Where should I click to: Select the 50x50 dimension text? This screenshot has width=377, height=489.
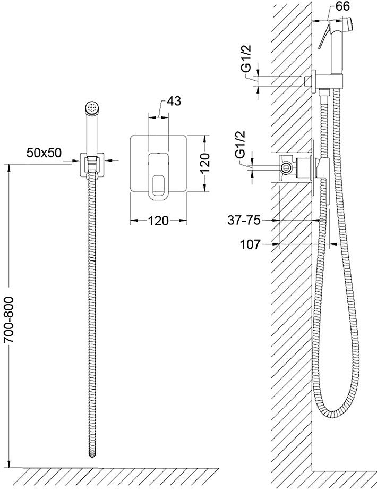click(44, 153)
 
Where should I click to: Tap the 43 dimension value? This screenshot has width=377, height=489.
click(174, 101)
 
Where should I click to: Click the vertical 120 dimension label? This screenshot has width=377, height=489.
click(205, 163)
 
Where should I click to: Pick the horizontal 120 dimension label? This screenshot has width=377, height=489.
click(158, 221)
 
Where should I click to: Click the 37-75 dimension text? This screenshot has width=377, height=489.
click(244, 221)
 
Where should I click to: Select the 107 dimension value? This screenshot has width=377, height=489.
click(250, 244)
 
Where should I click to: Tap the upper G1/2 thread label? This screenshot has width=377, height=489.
click(246, 58)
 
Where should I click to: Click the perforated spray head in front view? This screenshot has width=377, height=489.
click(92, 107)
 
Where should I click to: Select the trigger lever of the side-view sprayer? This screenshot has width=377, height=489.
click(323, 37)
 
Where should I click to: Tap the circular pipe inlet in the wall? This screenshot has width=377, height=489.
click(285, 168)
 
